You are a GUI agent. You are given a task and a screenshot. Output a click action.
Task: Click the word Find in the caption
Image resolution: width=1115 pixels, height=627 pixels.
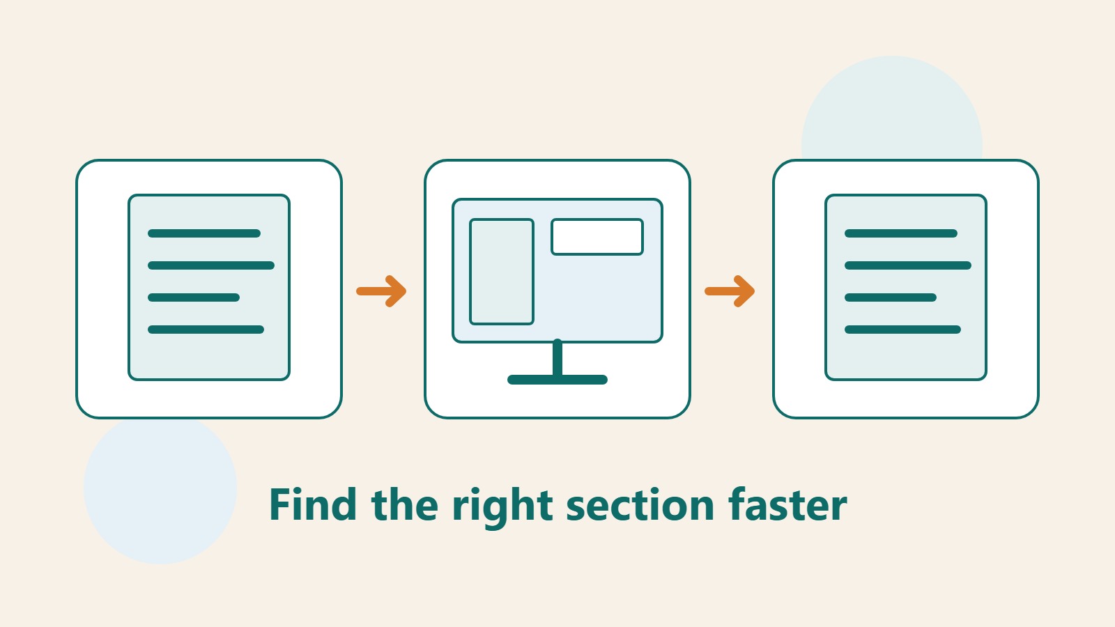[313, 504]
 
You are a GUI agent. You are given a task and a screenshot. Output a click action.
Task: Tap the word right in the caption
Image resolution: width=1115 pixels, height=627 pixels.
[502, 508]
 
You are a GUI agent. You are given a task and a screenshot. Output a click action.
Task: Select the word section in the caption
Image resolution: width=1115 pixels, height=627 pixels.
[640, 504]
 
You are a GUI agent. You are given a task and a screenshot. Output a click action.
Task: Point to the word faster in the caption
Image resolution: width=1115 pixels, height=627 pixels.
[787, 504]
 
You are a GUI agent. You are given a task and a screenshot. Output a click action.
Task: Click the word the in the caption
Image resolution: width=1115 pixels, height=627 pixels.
[405, 504]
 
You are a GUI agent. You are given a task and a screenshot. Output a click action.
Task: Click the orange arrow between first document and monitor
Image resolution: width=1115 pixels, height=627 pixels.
[381, 291]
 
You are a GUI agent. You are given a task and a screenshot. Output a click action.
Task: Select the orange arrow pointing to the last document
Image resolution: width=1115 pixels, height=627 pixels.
[730, 291]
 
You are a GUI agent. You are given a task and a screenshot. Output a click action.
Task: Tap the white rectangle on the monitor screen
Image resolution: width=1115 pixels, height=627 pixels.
[597, 237]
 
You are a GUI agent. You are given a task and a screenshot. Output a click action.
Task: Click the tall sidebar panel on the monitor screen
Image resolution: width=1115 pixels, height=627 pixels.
[502, 272]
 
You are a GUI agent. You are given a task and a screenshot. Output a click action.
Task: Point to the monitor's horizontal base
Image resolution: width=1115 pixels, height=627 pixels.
[557, 380]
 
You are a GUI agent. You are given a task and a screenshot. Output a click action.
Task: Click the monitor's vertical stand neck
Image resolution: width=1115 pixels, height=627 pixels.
[557, 357]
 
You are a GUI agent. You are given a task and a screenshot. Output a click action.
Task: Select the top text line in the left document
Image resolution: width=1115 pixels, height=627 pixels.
[204, 233]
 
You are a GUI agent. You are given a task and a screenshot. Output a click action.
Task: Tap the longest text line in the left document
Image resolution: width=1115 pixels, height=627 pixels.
[211, 265]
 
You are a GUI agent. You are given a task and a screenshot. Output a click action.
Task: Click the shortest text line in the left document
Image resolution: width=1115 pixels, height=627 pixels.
[194, 297]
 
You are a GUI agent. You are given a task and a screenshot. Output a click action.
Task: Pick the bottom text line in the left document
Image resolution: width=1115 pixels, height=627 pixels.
[206, 330]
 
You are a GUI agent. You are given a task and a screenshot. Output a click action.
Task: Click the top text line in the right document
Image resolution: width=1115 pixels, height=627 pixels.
[901, 233]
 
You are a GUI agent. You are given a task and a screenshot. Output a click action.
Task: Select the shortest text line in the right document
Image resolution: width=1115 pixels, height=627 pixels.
[891, 297]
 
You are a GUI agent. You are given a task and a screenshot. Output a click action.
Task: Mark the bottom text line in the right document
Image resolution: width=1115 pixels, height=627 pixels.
[902, 330]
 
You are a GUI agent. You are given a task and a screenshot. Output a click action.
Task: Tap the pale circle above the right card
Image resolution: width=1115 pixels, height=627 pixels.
[892, 107]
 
